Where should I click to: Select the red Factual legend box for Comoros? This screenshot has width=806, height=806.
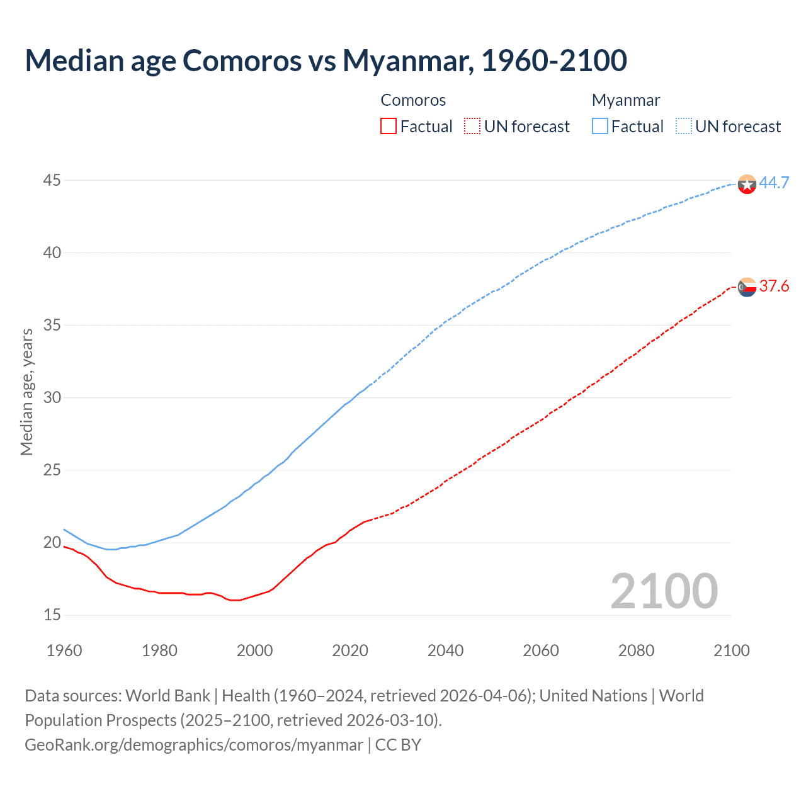point(389,127)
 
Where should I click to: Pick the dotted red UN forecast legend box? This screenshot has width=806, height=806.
point(472,127)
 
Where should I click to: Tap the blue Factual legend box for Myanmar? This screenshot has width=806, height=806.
point(600,127)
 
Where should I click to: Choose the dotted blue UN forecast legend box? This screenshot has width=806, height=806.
point(684,127)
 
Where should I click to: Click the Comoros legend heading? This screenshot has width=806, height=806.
point(413,100)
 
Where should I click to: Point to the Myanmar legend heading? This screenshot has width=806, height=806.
point(626,100)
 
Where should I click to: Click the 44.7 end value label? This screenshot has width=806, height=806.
point(774,183)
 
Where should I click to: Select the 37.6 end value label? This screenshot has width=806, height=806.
point(774,287)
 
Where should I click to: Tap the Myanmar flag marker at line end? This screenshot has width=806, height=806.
point(747,184)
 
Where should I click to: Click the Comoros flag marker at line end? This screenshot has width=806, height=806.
point(747,287)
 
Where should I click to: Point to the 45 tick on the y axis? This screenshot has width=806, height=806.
point(52,181)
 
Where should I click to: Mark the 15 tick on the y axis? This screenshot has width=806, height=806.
point(52,615)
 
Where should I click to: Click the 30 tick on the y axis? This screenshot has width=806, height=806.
point(52,398)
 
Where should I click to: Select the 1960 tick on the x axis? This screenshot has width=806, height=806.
point(64,650)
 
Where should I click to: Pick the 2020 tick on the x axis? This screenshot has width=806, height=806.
point(350,650)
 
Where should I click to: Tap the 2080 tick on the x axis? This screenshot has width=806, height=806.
point(636,650)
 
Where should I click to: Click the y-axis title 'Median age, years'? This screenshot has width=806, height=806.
point(26,392)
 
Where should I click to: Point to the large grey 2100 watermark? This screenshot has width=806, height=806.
point(664,591)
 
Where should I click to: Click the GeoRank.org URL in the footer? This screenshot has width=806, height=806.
point(194,745)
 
